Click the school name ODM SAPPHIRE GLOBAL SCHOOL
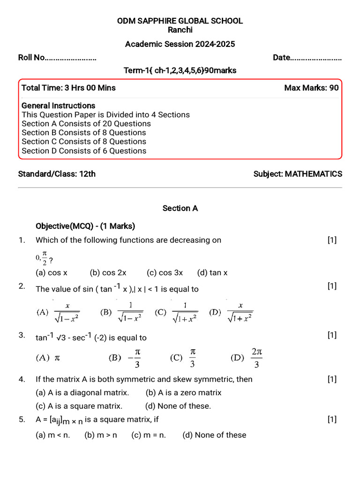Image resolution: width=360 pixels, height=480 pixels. click(x=180, y=21)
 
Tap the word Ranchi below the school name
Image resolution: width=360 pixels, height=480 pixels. click(x=180, y=30)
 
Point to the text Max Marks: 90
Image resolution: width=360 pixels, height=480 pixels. click(x=311, y=88)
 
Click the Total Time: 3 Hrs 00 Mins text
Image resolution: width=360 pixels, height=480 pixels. click(x=68, y=88)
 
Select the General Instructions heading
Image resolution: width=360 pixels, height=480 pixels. click(x=58, y=105)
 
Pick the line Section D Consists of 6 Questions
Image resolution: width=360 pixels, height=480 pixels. click(x=84, y=150)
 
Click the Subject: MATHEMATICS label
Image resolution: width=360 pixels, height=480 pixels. click(x=298, y=174)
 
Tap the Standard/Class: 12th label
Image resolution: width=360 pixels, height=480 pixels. click(x=57, y=174)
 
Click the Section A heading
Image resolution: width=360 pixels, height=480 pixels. click(x=180, y=208)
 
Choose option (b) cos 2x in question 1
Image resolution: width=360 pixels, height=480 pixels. click(x=108, y=272)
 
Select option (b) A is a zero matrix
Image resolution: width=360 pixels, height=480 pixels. click(x=183, y=393)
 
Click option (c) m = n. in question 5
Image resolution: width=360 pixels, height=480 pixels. click(x=149, y=435)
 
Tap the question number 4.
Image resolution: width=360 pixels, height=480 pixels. click(x=22, y=379)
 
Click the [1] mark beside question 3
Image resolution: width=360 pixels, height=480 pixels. click(x=332, y=335)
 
